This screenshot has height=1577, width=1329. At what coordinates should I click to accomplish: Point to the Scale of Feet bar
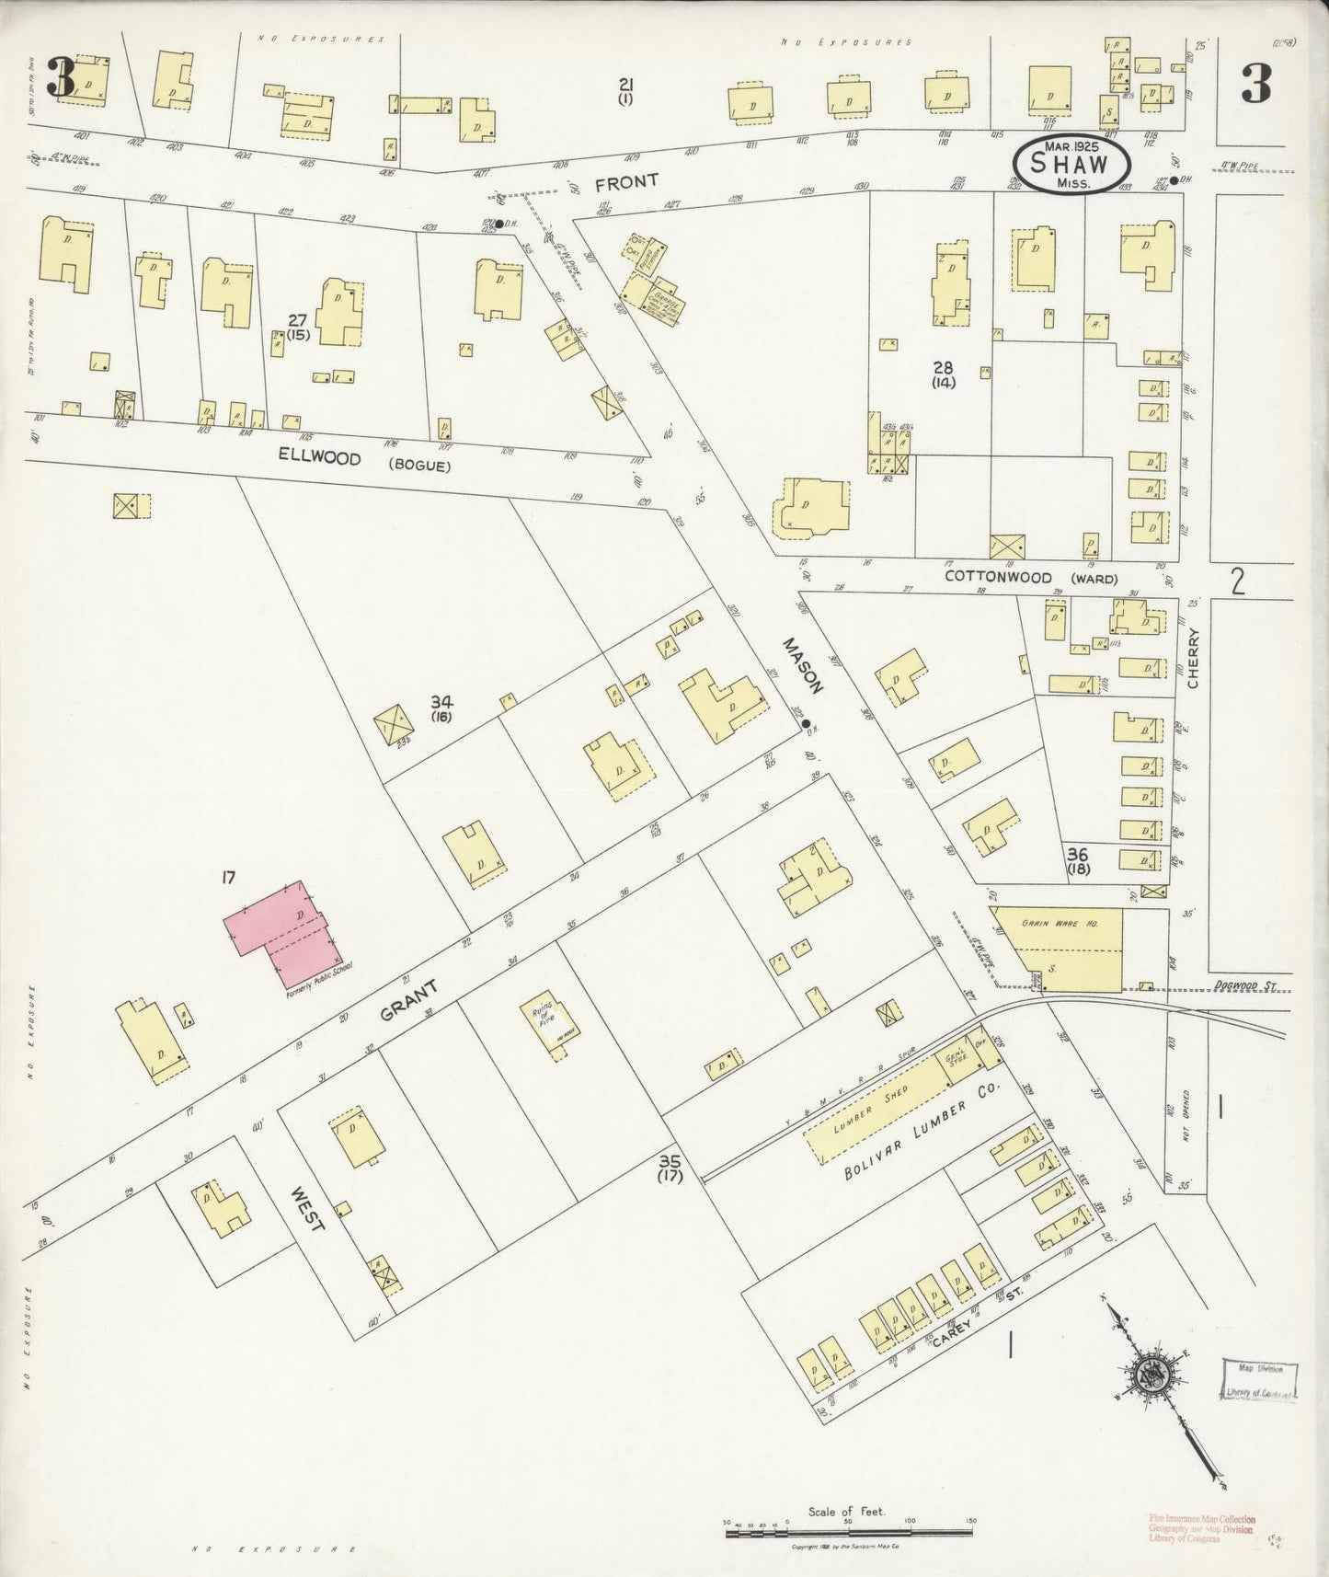[848, 1531]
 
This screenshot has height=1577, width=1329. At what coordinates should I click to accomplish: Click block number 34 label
[441, 706]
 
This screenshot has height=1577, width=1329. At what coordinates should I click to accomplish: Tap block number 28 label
[943, 373]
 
